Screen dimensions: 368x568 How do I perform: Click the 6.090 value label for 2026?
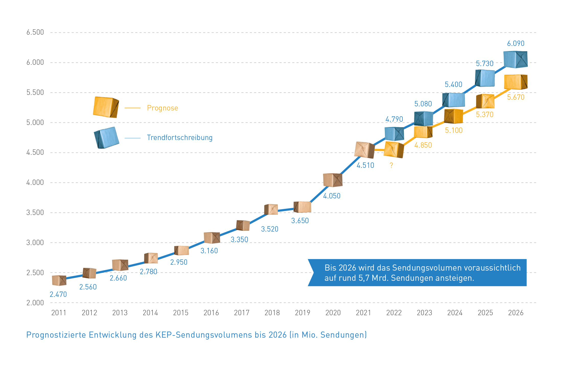(x=515, y=44)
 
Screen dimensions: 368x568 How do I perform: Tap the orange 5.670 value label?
(x=515, y=97)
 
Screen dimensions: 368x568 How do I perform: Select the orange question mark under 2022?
(x=391, y=166)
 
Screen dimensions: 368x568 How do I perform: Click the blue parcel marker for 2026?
(x=515, y=60)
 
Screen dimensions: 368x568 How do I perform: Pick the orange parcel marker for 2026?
(x=515, y=82)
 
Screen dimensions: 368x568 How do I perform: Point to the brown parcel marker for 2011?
(x=59, y=280)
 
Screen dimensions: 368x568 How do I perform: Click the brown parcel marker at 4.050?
(x=332, y=180)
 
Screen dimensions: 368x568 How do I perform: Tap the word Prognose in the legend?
(x=163, y=108)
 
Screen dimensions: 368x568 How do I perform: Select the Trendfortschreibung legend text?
(x=180, y=138)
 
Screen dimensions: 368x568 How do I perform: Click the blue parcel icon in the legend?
(x=106, y=138)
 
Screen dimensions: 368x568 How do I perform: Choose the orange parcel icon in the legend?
(x=106, y=107)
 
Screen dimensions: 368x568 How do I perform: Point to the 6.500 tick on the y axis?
(x=35, y=32)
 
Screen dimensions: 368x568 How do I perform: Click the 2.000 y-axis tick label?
(x=35, y=303)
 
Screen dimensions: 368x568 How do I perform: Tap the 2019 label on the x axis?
(x=302, y=313)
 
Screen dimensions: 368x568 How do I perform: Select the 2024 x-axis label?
(x=455, y=313)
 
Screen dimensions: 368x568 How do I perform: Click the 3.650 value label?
(x=300, y=221)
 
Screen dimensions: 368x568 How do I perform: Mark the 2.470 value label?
(x=58, y=295)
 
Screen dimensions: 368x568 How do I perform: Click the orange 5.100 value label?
(x=454, y=131)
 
